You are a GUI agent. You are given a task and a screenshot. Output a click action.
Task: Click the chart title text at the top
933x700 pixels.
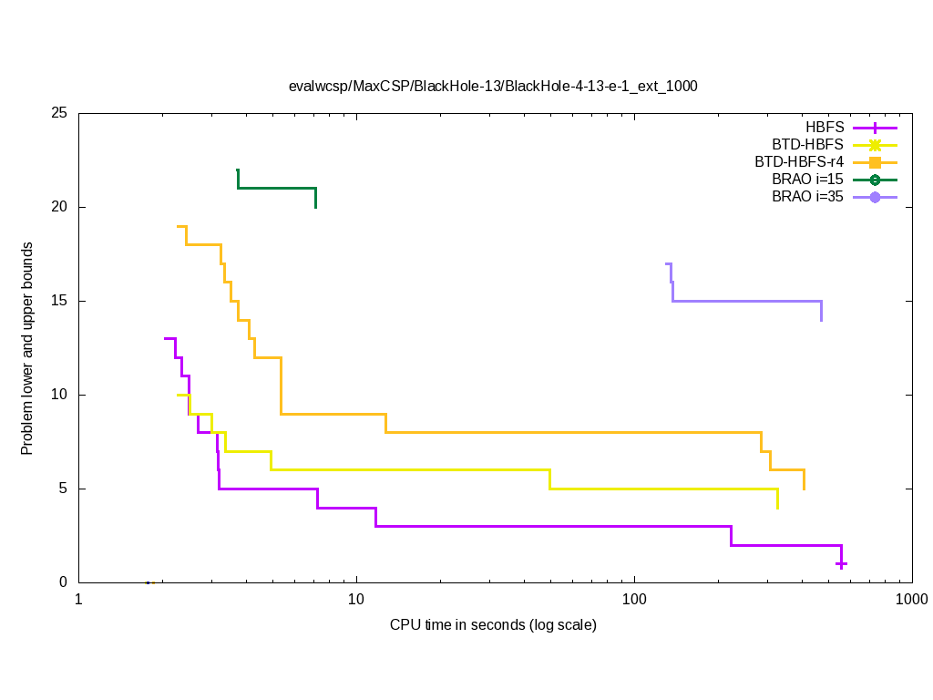493,87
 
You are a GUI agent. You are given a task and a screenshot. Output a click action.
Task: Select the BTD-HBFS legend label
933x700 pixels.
802,145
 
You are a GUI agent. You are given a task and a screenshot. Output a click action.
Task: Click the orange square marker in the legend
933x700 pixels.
875,162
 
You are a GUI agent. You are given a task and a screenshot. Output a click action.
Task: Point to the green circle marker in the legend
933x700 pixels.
875,180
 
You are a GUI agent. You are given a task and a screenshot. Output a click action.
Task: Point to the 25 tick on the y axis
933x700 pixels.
59,114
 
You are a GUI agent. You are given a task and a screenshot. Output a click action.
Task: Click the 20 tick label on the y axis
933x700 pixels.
59,208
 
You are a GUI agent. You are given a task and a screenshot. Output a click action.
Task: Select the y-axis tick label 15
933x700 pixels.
59,302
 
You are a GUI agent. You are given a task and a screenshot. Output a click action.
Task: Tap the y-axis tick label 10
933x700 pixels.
59,396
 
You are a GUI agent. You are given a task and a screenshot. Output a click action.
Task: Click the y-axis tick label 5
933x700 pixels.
63,489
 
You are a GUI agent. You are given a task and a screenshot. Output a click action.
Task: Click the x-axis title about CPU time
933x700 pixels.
493,625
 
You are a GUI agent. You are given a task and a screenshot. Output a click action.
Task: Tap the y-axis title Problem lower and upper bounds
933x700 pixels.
28,348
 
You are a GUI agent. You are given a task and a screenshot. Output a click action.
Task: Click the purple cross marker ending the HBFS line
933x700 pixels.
842,564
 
